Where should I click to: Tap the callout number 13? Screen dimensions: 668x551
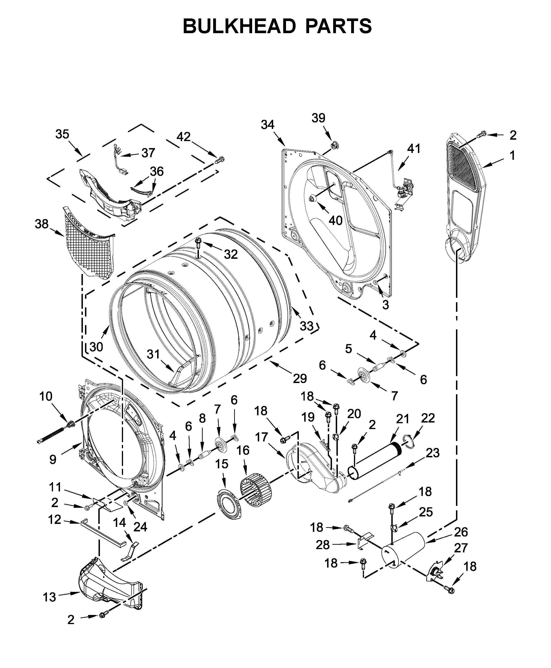coord(49,597)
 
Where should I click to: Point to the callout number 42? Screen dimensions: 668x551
coord(184,137)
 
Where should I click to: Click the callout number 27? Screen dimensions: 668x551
coord(461,548)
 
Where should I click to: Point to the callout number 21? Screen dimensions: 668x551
coord(403,419)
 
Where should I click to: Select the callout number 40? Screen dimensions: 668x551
coord(336,220)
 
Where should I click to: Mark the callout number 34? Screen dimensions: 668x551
coord(268,125)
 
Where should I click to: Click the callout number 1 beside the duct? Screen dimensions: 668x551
coord(512,156)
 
